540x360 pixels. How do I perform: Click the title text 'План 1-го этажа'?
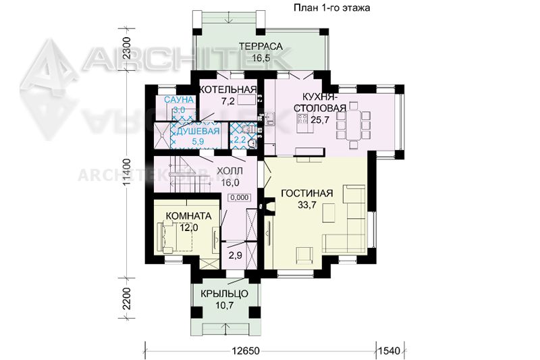tap(331, 7)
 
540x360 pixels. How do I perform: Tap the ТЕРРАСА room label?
tap(261, 46)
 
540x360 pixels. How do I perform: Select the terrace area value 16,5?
tap(261, 58)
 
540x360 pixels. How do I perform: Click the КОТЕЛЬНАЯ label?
tap(229, 90)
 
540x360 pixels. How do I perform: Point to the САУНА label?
tap(179, 100)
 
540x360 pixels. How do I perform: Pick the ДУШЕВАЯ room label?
tap(198, 131)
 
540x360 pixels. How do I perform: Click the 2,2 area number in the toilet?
tap(240, 140)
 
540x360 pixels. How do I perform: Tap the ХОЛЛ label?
tap(230, 171)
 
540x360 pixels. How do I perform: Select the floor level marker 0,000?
tap(240, 197)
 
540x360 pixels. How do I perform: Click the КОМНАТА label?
tap(188, 216)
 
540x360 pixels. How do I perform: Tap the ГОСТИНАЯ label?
tap(307, 193)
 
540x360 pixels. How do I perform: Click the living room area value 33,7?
tap(307, 205)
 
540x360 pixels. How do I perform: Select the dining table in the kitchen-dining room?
tap(353, 125)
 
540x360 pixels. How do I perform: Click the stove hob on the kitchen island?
tap(302, 119)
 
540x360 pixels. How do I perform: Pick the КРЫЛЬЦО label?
tap(224, 294)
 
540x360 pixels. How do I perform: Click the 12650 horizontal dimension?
tap(245, 351)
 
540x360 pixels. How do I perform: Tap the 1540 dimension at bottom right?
tap(389, 351)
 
